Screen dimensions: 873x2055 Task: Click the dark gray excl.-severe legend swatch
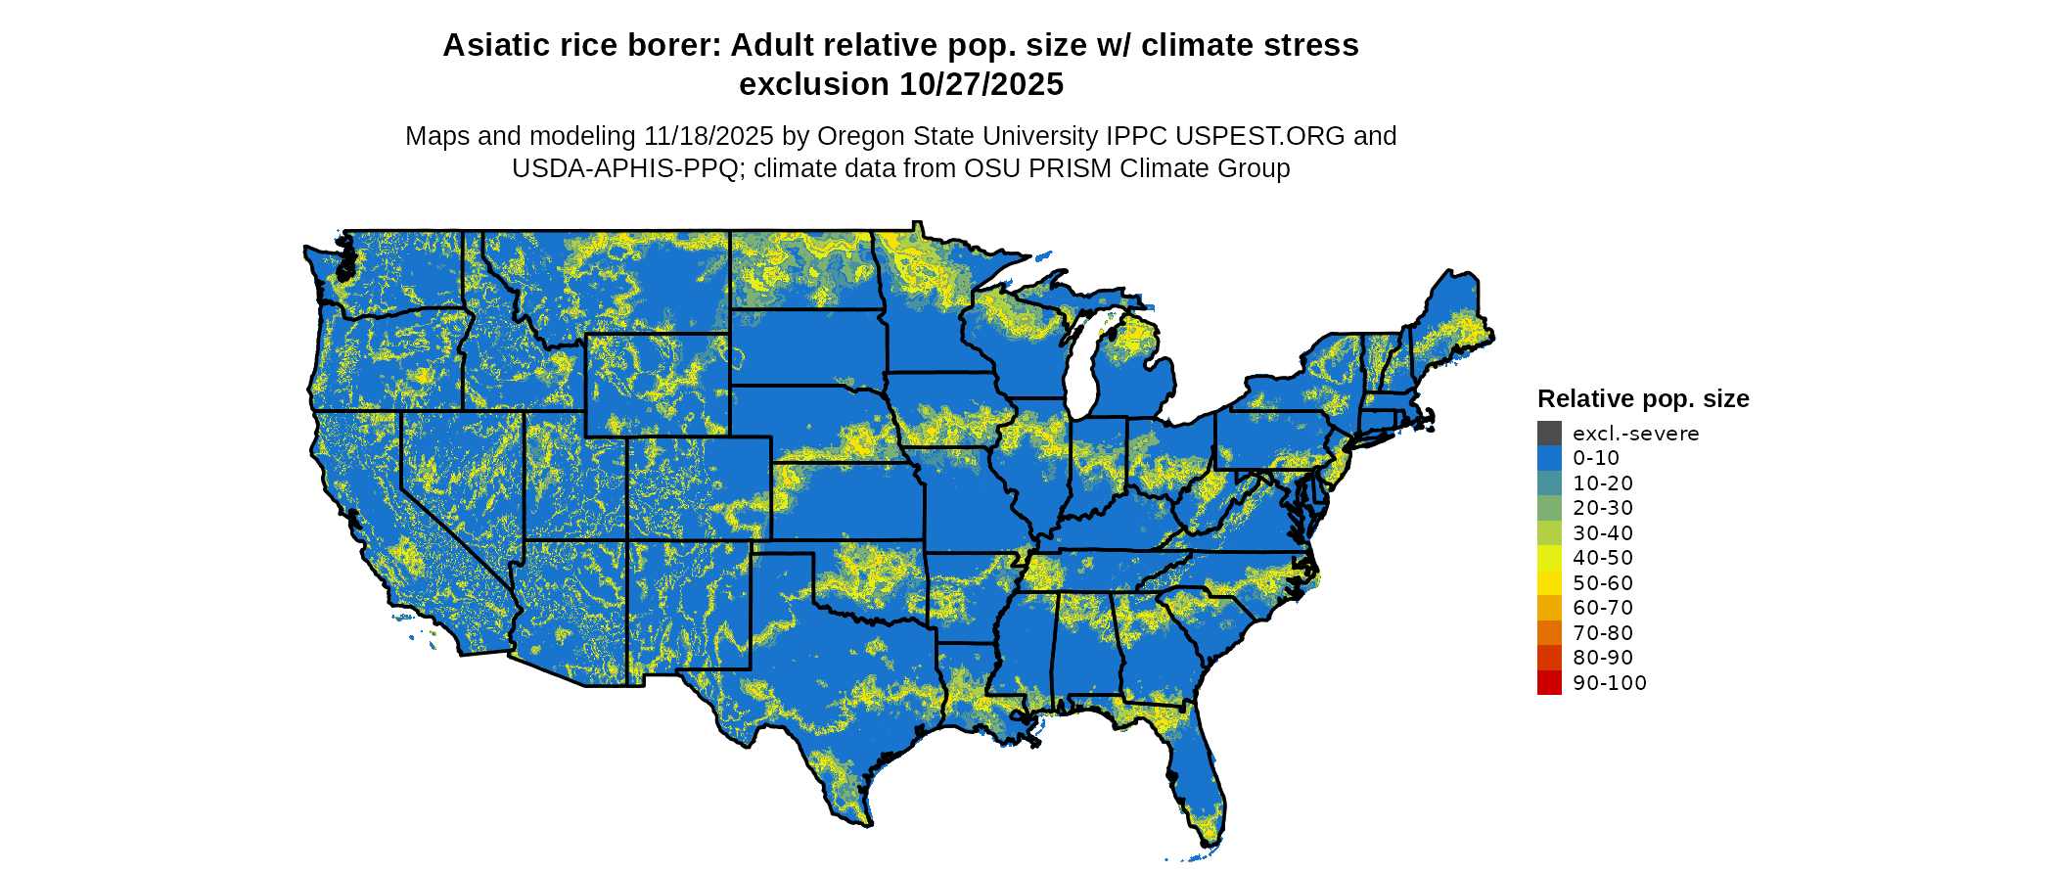[x=1549, y=434]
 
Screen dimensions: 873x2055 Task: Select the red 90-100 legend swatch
[x=1549, y=683]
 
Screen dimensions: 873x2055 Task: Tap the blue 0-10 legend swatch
[x=1549, y=458]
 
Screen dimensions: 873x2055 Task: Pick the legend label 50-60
[x=1603, y=583]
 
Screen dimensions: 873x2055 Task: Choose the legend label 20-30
[x=1603, y=508]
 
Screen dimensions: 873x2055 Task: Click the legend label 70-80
[x=1603, y=633]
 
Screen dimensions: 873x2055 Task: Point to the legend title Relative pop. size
[x=1643, y=399]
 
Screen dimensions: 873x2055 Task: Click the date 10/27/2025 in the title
[x=982, y=85]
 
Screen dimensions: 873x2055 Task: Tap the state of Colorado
[x=699, y=487]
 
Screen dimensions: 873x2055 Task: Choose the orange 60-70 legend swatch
[x=1549, y=608]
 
